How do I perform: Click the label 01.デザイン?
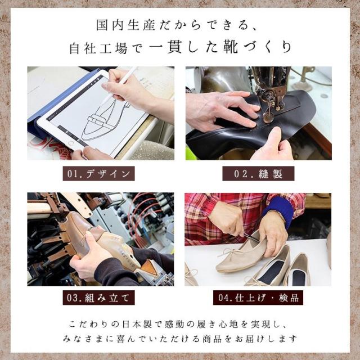click(x=99, y=174)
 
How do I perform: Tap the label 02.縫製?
click(x=258, y=174)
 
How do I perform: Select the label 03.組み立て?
click(x=99, y=298)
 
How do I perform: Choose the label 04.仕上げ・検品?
click(x=258, y=298)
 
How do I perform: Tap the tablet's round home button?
click(x=71, y=143)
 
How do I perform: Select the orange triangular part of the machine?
click(x=150, y=268)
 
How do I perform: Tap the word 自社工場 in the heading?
click(x=98, y=48)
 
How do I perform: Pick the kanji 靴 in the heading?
click(x=230, y=48)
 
